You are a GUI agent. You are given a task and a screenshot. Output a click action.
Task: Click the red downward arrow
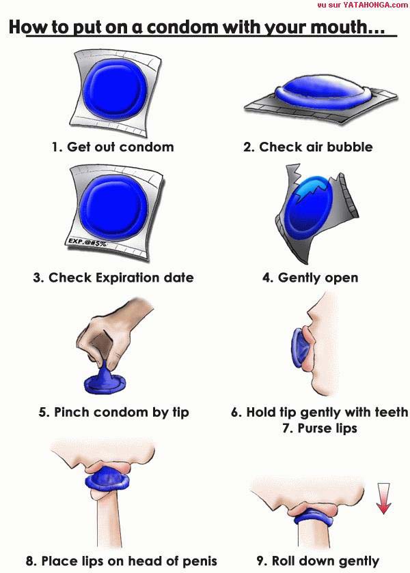click(x=383, y=498)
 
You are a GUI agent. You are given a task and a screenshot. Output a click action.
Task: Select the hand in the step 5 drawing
click(x=110, y=336)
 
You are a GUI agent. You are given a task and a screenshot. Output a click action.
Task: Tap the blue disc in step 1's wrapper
click(x=115, y=89)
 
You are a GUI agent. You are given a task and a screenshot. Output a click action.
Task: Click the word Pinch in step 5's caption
click(x=70, y=412)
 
